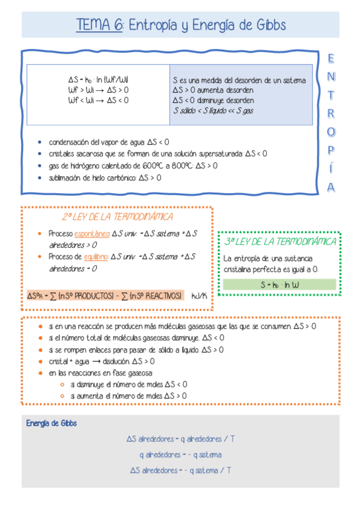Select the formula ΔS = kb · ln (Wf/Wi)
click(98, 79)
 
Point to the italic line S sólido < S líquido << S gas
click(213, 111)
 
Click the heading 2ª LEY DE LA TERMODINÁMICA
click(117, 217)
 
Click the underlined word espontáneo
click(92, 233)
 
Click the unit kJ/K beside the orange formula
click(199, 296)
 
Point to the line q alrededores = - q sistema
click(180, 455)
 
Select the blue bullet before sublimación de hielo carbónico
click(40, 178)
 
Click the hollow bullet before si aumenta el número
click(63, 396)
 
